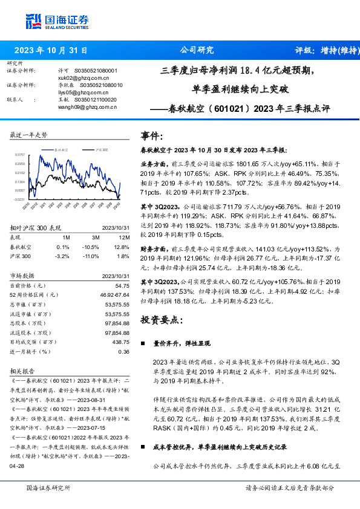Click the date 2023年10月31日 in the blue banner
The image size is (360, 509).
tap(51, 51)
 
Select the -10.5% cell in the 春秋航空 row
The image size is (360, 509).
tap(91, 247)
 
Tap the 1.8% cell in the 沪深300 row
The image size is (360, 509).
tap(122, 256)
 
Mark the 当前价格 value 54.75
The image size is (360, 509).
tap(122, 285)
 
